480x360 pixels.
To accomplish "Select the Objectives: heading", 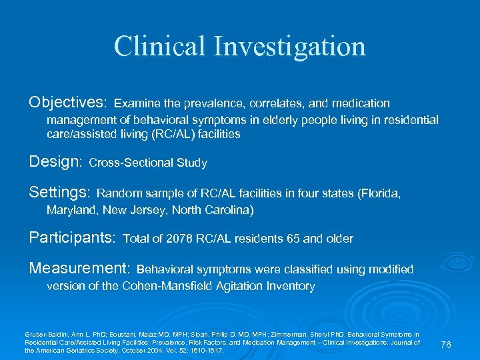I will pyautogui.click(x=67, y=103).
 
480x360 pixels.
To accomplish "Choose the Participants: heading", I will pyautogui.click(x=73, y=238).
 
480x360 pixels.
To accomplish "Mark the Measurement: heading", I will pyautogui.click(x=79, y=269).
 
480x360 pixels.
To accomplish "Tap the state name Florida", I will pyautogui.click(x=381, y=194).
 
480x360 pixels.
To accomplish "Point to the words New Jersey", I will pyautogui.click(x=139, y=210).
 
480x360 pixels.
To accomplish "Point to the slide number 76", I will pyautogui.click(x=446, y=344).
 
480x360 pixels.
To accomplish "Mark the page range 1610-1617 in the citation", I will pyautogui.click(x=207, y=350).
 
